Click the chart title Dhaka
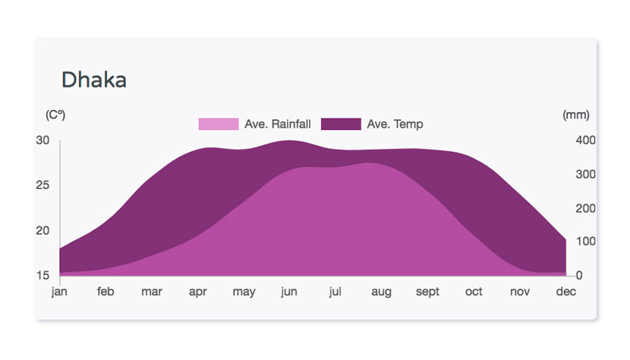94,80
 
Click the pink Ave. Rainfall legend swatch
219,124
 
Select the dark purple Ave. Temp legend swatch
341,124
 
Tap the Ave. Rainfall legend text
278,124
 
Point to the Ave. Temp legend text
395,124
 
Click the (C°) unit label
55,115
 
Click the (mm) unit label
576,115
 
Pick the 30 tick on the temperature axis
43,141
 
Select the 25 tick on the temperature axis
43,185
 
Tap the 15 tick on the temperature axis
43,276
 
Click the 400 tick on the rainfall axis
585,141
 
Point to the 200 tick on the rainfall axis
585,208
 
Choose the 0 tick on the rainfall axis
579,276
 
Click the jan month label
59,292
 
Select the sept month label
427,292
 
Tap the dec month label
566,291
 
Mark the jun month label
289,292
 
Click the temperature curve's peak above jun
289,141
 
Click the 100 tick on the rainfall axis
585,242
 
